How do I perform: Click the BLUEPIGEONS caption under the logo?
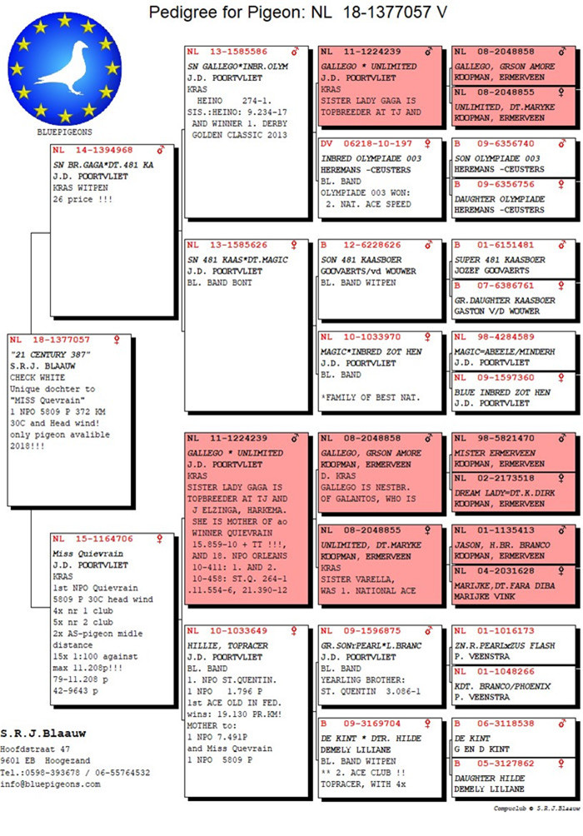click(x=64, y=132)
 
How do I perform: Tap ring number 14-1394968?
click(x=104, y=151)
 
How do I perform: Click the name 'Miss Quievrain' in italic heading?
click(x=88, y=554)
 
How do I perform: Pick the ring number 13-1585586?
click(x=238, y=52)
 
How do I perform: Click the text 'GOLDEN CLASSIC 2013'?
click(x=240, y=135)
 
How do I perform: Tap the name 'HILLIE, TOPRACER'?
click(x=227, y=645)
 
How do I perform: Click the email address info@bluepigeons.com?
click(x=50, y=784)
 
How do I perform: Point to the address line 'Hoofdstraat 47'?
click(x=35, y=749)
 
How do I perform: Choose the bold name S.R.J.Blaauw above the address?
click(x=43, y=734)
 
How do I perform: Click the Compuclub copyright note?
click(x=536, y=809)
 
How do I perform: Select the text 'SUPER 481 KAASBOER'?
click(x=500, y=260)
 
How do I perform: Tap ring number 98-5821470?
click(x=506, y=438)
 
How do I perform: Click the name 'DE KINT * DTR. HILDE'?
click(x=371, y=739)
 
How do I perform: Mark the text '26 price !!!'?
click(x=82, y=199)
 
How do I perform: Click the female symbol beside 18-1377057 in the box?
click(x=117, y=340)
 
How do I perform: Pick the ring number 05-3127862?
click(x=506, y=764)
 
